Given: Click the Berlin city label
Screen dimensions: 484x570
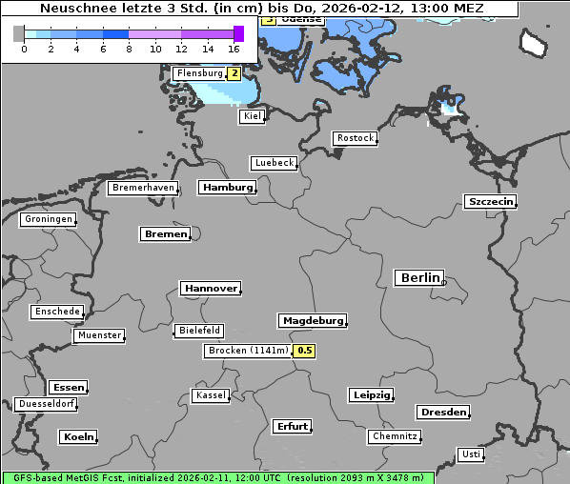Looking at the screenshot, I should [418, 278].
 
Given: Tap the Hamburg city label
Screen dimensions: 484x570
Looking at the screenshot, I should [228, 188].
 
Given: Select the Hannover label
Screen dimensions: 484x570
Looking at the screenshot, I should [210, 289].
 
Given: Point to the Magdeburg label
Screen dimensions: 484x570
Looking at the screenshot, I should [312, 321].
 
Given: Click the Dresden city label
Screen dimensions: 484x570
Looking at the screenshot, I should [442, 413].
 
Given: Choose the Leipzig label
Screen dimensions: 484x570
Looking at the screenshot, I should [371, 395].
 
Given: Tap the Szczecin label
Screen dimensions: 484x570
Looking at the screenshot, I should [490, 202].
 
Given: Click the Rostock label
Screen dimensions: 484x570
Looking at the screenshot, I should [356, 139].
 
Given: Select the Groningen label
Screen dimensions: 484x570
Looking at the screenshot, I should [47, 220].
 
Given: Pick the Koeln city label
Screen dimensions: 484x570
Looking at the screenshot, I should [78, 437].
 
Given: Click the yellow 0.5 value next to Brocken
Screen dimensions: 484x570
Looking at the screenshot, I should [304, 351].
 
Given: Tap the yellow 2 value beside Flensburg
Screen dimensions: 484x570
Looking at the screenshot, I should [234, 73].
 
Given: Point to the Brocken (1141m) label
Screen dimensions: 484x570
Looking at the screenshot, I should [248, 351].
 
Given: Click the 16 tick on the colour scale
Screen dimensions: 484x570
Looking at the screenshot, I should [234, 49].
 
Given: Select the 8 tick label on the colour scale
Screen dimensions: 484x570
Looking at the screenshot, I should [129, 49].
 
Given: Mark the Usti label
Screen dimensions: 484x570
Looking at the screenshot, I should [470, 454].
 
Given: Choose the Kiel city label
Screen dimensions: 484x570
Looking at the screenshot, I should [252, 116].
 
